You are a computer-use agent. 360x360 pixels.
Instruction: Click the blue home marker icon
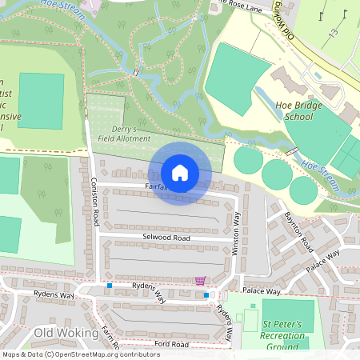click(x=180, y=172)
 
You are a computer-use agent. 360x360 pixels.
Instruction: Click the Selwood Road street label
click(x=166, y=238)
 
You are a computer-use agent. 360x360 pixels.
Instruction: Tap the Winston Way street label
click(x=236, y=233)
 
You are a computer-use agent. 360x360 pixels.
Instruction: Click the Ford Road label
click(x=171, y=344)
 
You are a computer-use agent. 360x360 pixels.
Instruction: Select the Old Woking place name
click(x=66, y=332)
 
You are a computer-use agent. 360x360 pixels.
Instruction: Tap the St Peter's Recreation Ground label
click(x=284, y=335)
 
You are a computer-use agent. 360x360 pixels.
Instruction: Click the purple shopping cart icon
click(x=199, y=281)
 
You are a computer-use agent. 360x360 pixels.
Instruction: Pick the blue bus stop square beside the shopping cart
click(x=206, y=295)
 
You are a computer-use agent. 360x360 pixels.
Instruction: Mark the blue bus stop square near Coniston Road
click(x=110, y=285)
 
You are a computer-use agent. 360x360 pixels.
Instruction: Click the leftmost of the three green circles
click(x=248, y=162)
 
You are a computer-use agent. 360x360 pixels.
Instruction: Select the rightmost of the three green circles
click(x=302, y=190)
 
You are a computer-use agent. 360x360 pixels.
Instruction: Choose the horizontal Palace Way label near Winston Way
click(x=262, y=291)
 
